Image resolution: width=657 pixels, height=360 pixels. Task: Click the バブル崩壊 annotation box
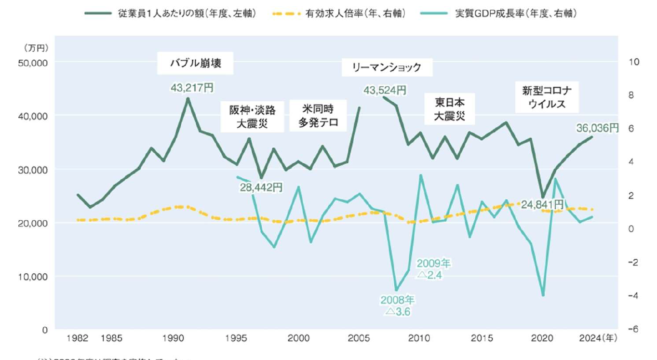(x=196, y=63)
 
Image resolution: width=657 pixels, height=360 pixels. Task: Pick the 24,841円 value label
(x=543, y=204)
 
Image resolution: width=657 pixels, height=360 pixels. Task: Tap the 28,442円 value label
(x=261, y=187)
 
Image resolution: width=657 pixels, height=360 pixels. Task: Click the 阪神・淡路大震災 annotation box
(x=253, y=117)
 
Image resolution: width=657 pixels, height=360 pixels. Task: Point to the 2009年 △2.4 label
(x=433, y=269)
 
